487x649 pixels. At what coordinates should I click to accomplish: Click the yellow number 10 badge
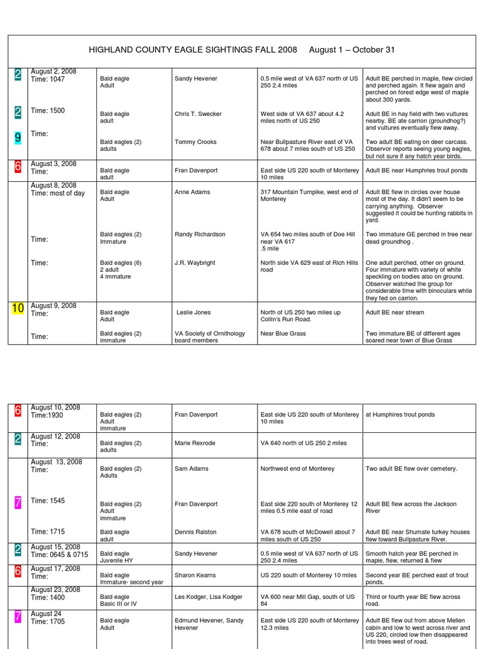18,309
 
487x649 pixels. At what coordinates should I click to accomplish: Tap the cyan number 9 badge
18,137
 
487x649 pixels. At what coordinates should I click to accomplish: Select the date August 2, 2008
53,72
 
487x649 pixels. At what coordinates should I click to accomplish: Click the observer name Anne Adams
193,192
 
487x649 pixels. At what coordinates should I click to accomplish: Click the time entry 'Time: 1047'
48,79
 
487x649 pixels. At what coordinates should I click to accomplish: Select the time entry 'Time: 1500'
48,111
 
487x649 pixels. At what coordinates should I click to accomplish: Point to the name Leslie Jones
193,312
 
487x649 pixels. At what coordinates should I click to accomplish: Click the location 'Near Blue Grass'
282,333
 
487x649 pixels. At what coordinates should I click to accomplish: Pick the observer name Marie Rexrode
195,443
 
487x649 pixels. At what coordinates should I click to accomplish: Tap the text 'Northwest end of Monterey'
297,469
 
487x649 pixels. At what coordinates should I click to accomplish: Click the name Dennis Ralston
196,532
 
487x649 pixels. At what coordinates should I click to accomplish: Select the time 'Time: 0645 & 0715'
60,555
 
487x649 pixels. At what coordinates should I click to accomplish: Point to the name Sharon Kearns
195,575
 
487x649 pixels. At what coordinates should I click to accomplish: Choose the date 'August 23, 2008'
56,589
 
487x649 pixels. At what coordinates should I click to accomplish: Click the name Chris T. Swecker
198,114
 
